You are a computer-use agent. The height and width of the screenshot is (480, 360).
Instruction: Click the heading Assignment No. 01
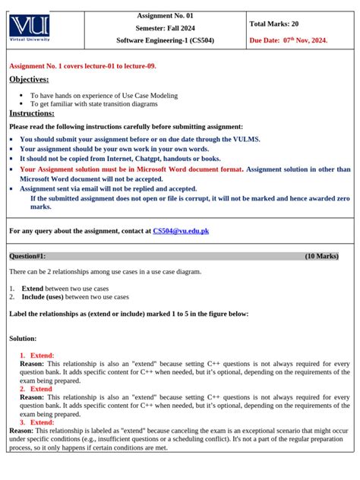pos(165,15)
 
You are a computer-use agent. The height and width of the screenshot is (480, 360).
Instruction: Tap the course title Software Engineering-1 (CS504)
pos(165,39)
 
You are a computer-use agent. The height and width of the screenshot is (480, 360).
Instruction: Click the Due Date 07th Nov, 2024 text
pos(289,39)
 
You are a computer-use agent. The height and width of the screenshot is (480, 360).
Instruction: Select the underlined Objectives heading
pos(29,79)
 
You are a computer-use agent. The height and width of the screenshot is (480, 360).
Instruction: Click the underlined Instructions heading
pos(31,113)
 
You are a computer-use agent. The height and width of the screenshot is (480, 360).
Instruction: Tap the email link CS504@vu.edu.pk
pos(181,230)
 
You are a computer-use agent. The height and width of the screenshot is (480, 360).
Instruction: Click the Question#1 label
pos(27,256)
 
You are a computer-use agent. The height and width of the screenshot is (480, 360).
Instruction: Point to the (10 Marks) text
pos(321,256)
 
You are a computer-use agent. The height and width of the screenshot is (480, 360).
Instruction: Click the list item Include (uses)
pos(74,297)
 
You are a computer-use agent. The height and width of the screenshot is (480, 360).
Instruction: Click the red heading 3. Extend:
pos(36,422)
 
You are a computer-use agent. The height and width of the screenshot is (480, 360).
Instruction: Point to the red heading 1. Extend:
pos(36,355)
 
